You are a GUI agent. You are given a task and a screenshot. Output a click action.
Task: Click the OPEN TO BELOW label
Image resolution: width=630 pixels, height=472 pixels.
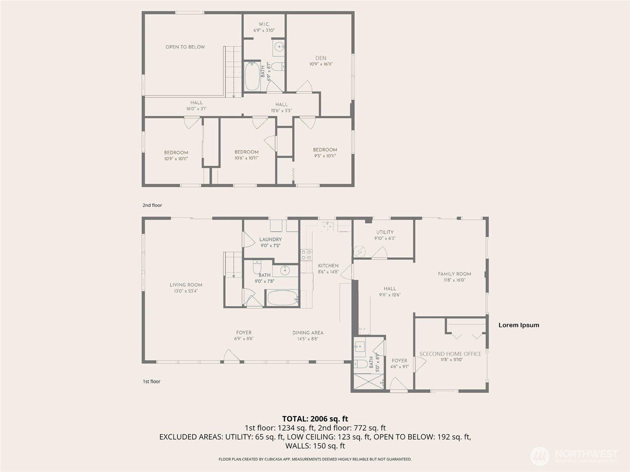point(185,47)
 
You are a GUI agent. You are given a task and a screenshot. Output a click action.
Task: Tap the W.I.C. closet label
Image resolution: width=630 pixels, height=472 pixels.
point(264,24)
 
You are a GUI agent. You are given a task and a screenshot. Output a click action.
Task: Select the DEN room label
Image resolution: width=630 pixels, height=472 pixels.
point(321,58)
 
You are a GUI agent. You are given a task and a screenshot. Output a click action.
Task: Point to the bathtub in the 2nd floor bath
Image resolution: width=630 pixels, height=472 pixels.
point(252,76)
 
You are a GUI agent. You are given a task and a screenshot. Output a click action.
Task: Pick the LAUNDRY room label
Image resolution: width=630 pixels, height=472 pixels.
point(271,239)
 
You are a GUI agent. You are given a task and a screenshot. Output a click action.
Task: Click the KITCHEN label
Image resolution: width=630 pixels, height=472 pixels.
point(328,266)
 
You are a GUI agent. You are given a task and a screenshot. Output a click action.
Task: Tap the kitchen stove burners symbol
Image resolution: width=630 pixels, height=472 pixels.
point(306,255)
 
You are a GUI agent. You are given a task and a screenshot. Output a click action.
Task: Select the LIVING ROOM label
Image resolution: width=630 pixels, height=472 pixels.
point(186,285)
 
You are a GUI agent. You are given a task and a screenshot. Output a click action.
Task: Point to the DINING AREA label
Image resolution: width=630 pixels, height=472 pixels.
point(308,333)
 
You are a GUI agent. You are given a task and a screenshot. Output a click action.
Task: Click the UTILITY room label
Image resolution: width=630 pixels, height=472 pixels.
point(385,232)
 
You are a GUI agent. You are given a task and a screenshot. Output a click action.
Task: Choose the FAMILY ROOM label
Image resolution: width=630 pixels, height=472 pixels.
point(454,274)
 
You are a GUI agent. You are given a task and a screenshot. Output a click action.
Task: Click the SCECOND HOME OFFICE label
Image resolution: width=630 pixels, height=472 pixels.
point(450,354)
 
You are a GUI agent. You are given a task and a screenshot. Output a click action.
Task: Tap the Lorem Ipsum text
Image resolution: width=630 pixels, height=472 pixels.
point(519,325)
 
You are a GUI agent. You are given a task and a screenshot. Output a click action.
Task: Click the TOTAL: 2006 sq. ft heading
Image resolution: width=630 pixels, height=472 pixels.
point(315,419)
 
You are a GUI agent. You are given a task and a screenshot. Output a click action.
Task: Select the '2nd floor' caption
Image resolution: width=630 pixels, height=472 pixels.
point(152,205)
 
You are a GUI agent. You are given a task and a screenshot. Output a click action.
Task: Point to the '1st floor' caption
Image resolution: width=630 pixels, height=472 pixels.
point(152,381)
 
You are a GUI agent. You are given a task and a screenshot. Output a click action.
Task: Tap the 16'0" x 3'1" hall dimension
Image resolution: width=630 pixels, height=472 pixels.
point(196,109)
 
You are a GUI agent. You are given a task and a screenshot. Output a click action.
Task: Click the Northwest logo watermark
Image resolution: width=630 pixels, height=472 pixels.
point(574,456)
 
